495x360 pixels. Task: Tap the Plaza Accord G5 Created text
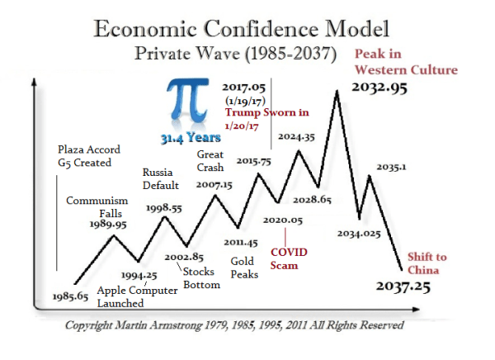point(88,157)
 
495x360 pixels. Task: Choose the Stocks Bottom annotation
point(202,278)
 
